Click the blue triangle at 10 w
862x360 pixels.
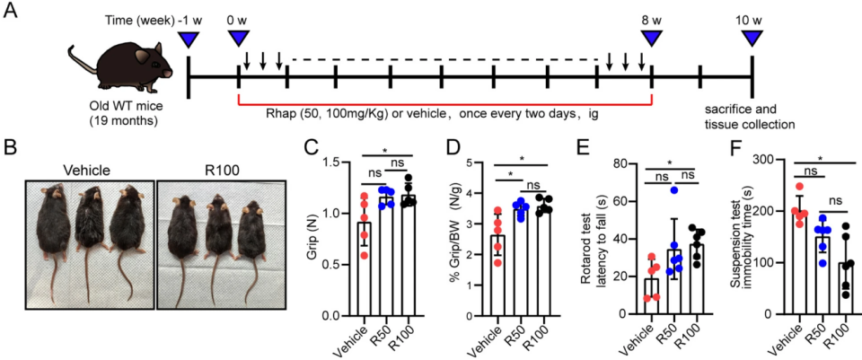[752, 39]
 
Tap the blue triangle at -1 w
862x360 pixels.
[189, 39]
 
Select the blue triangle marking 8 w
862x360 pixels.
[650, 39]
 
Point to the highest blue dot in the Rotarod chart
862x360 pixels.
[672, 189]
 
